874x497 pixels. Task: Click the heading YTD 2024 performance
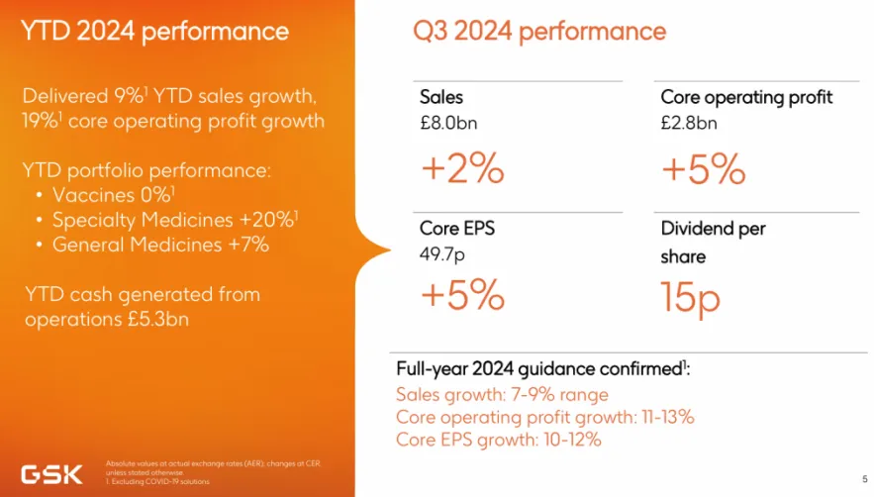155,31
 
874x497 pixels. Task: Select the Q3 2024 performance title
539,31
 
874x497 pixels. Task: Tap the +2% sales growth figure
462,169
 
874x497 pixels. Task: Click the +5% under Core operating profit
703,169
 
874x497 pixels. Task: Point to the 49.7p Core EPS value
441,254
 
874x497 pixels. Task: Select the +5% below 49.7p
462,295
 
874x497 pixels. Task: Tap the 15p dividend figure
691,298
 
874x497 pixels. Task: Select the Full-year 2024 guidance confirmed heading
542,368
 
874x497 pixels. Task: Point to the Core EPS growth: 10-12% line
498,439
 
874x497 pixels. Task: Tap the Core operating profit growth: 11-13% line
544,417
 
